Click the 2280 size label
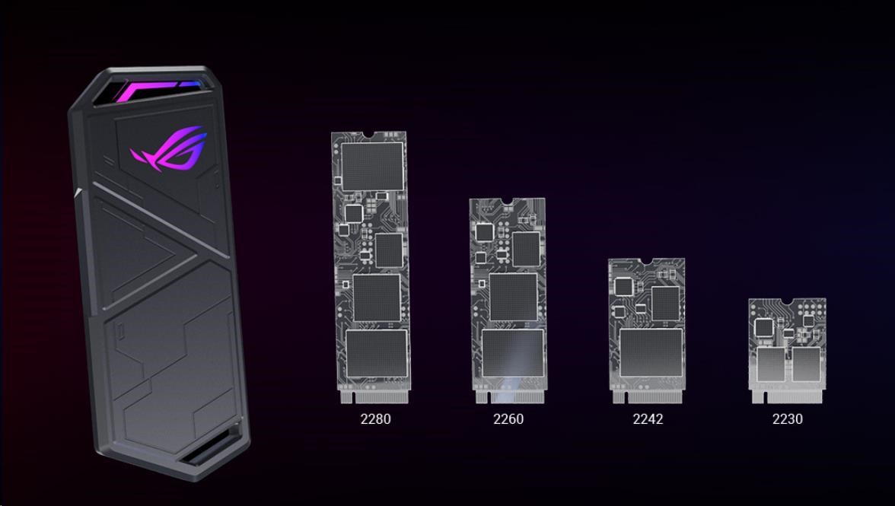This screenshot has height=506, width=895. pyautogui.click(x=376, y=418)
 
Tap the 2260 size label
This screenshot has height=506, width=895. pyautogui.click(x=508, y=418)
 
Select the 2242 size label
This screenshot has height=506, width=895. pyautogui.click(x=648, y=418)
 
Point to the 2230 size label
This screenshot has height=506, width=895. pyautogui.click(x=787, y=418)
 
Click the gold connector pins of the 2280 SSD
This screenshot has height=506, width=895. pyautogui.click(x=375, y=396)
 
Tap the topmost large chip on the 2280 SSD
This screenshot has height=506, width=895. pyautogui.click(x=372, y=166)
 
